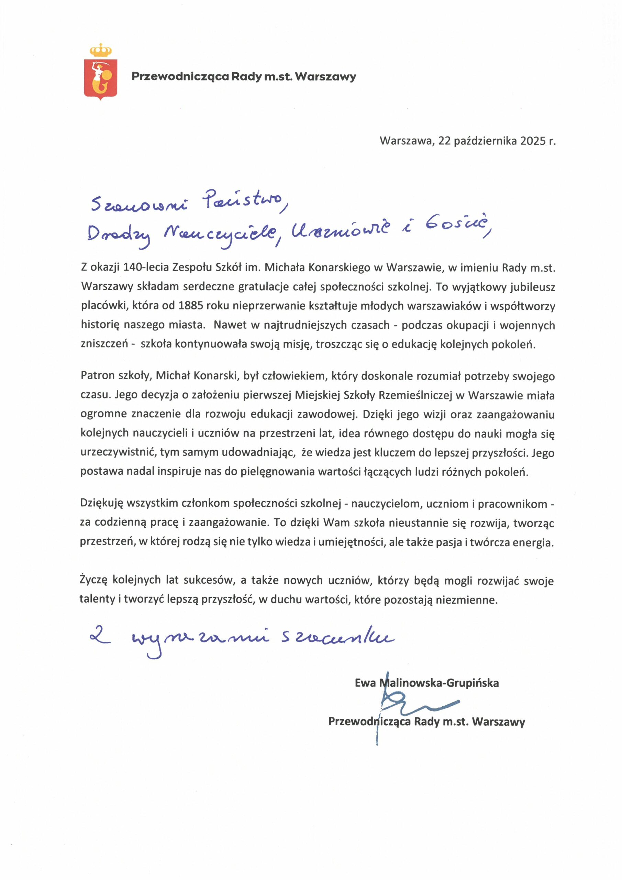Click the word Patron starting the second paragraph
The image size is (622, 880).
tap(98, 376)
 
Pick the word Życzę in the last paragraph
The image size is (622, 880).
tap(93, 580)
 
